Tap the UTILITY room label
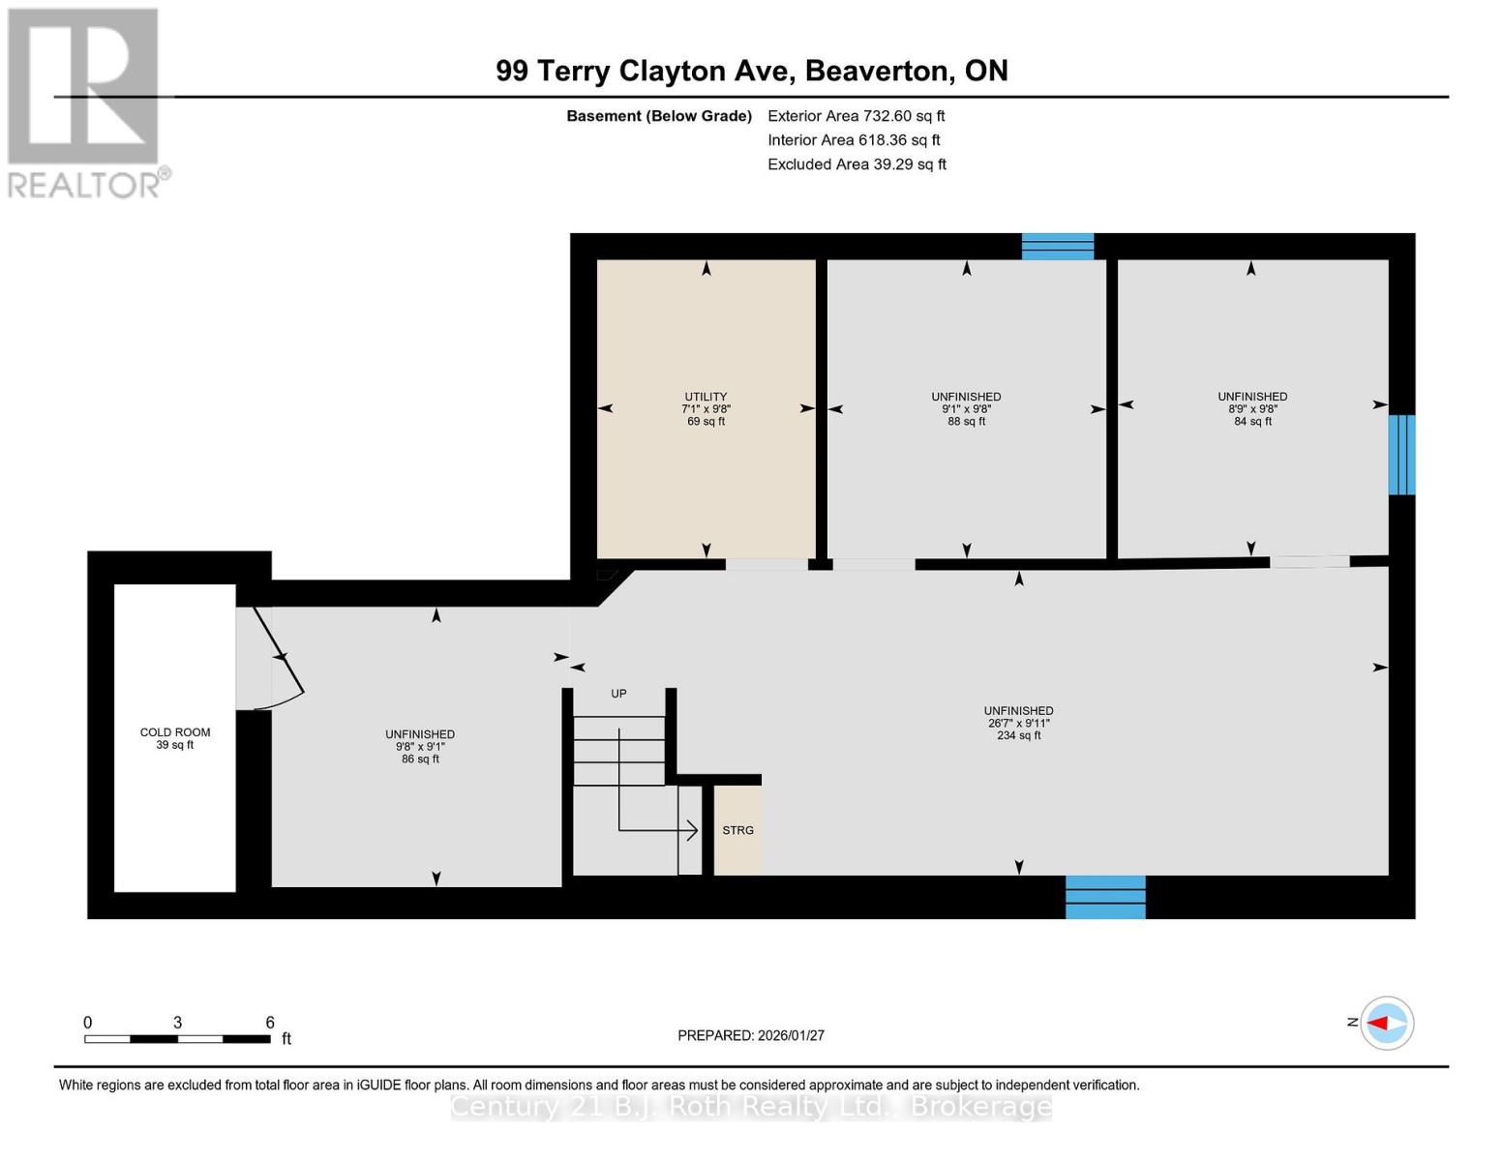[x=706, y=397]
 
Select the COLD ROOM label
[x=175, y=732]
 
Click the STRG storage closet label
[x=737, y=830]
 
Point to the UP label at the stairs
[x=618, y=694]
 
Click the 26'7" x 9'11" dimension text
[x=1018, y=724]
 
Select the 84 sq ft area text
[x=1252, y=422]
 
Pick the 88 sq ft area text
[x=966, y=422]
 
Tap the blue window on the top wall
[x=1058, y=247]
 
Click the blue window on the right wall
[x=1401, y=455]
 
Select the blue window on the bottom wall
[x=1105, y=897]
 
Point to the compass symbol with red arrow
[x=1387, y=1023]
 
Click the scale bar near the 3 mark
[x=178, y=1038]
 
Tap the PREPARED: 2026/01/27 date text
[x=751, y=1035]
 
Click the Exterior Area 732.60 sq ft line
[x=856, y=116]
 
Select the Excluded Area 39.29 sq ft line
[x=857, y=164]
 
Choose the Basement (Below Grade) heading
[x=659, y=116]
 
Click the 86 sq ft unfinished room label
[x=420, y=759]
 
